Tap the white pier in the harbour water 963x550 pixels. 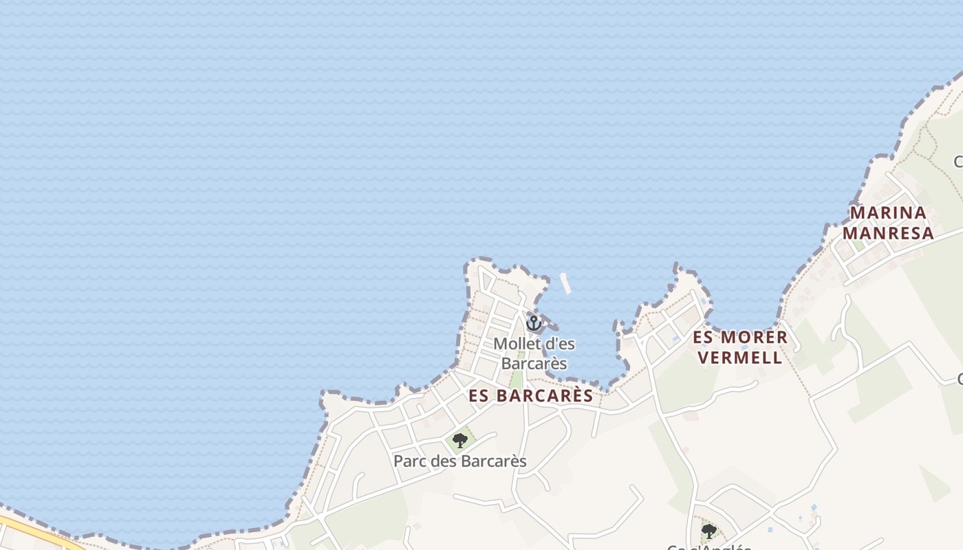pyautogui.click(x=566, y=283)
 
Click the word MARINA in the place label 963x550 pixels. pyautogui.click(x=888, y=212)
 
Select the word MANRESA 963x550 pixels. pyautogui.click(x=888, y=233)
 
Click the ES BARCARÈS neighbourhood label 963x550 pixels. pyautogui.click(x=530, y=395)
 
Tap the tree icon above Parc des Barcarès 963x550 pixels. pyautogui.click(x=460, y=440)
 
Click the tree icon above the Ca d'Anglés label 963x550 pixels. pyautogui.click(x=708, y=531)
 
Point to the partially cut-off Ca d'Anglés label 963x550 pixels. pyautogui.click(x=708, y=547)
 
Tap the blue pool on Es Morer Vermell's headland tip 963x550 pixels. pyautogui.click(x=704, y=302)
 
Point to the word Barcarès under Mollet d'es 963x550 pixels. pyautogui.click(x=534, y=363)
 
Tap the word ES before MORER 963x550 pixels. pyautogui.click(x=704, y=338)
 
